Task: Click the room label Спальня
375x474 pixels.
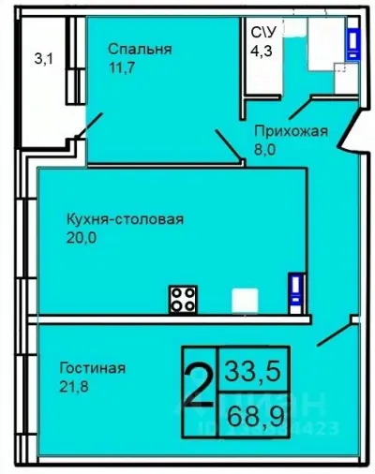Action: click(x=139, y=50)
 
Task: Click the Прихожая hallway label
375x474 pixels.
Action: click(x=292, y=131)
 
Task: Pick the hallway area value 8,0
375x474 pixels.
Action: click(x=271, y=150)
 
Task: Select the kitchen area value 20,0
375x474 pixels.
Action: click(x=82, y=238)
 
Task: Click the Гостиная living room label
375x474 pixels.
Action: click(x=92, y=367)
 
